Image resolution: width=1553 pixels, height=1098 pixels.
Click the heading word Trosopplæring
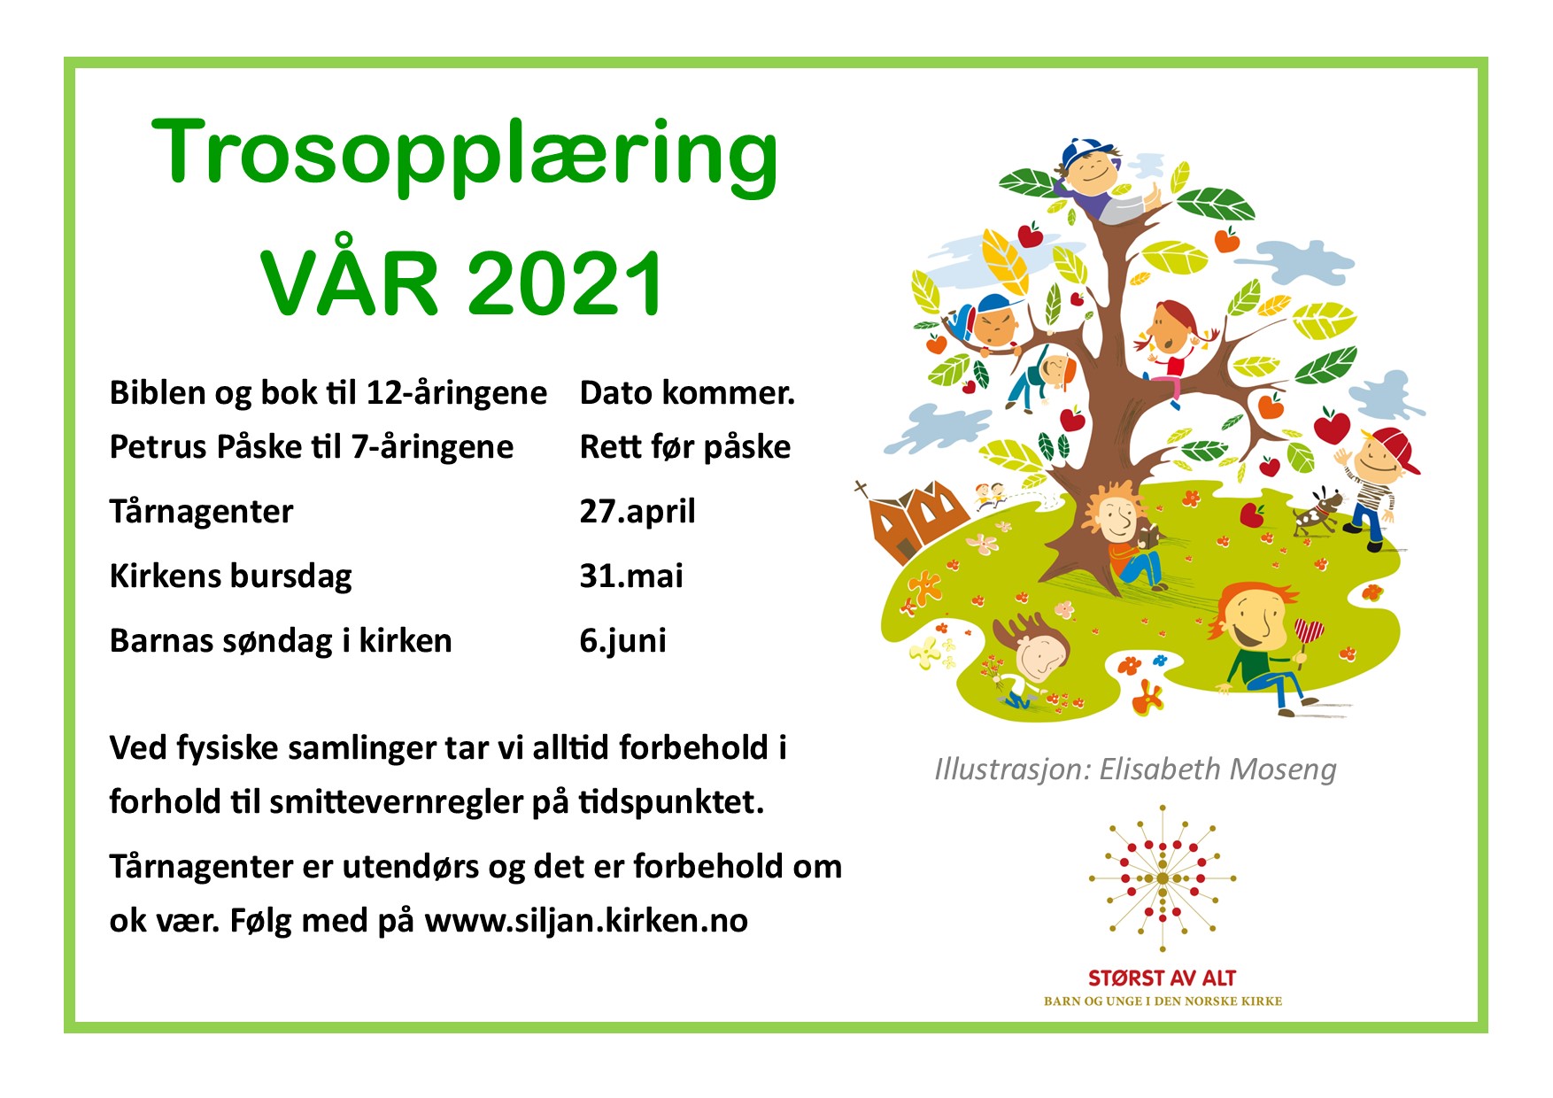(466, 156)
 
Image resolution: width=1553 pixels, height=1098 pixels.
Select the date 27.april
(637, 512)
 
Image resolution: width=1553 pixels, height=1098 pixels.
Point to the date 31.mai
(631, 576)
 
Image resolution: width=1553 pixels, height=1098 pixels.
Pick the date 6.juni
(623, 641)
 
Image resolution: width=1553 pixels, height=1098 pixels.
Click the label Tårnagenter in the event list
(201, 512)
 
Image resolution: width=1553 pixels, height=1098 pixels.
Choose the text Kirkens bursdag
(231, 576)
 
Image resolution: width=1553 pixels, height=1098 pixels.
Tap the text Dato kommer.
(688, 393)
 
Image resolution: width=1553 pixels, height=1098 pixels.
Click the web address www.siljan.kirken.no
(586, 921)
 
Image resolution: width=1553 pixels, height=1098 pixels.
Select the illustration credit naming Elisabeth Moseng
(1135, 769)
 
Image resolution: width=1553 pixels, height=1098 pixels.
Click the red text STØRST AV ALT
(1162, 978)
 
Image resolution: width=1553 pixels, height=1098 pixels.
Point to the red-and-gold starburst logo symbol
(1163, 878)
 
